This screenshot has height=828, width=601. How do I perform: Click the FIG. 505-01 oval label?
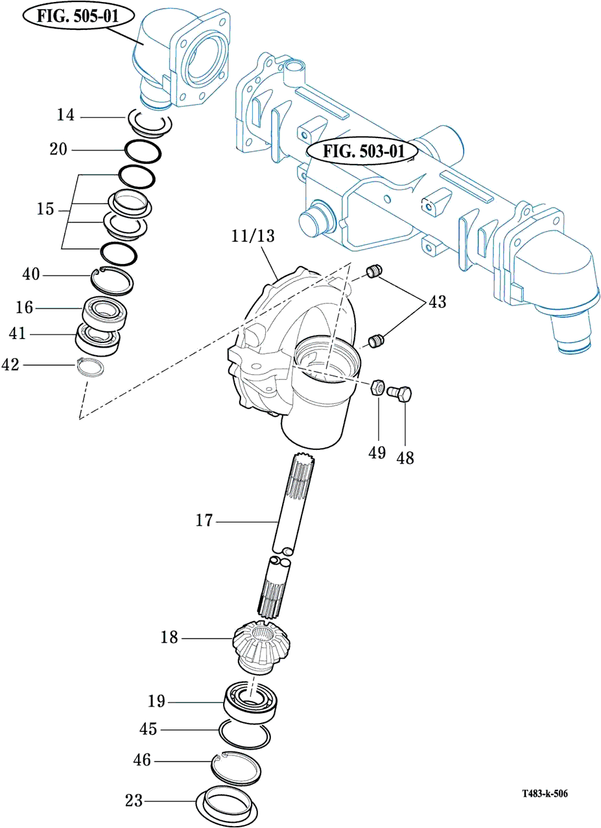[x=77, y=16]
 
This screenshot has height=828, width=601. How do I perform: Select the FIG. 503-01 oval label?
[x=362, y=152]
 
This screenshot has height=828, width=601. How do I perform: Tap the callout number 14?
[x=65, y=116]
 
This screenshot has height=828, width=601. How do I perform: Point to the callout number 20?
[x=58, y=149]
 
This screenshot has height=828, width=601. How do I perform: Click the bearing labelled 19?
[x=252, y=702]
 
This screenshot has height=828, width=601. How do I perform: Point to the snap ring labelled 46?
[x=237, y=767]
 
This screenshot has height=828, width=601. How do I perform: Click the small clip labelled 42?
[x=91, y=367]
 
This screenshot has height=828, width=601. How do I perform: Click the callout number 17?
[x=204, y=521]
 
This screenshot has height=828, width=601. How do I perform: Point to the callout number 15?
[x=45, y=210]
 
